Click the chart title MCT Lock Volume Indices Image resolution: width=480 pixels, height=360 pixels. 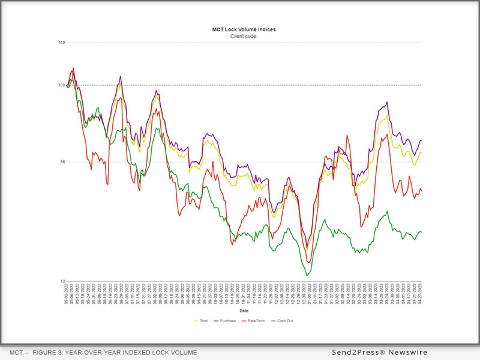click(x=244, y=29)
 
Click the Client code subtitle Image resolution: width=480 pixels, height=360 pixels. click(x=244, y=36)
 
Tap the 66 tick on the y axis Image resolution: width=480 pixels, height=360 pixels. click(x=62, y=162)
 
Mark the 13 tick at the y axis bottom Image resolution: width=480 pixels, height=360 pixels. click(x=62, y=281)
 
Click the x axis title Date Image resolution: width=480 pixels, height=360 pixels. click(x=244, y=311)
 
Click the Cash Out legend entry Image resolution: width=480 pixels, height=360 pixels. click(x=283, y=321)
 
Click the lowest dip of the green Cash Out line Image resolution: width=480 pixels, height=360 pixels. click(x=307, y=275)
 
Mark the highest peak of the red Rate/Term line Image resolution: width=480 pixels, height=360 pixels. click(x=73, y=68)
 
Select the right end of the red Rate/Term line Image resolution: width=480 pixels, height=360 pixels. click(x=422, y=191)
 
